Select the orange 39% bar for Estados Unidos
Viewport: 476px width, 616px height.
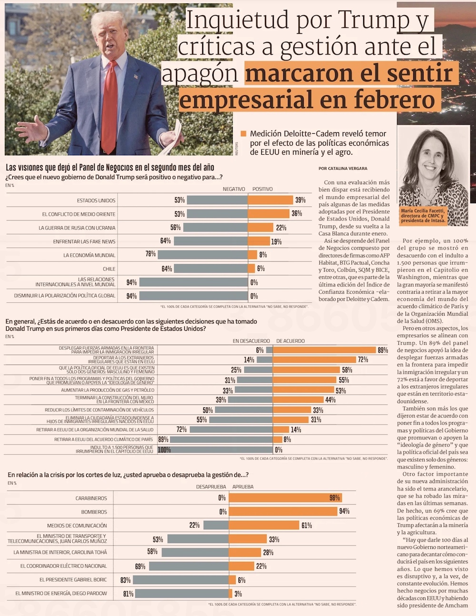(270, 200)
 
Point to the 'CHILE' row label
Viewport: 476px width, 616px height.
(109, 269)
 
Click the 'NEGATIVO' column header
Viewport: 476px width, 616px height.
(234, 189)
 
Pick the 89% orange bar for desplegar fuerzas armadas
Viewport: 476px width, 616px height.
(324, 350)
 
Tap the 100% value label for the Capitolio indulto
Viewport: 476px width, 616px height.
(164, 449)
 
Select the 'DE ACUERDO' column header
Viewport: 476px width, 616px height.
(290, 341)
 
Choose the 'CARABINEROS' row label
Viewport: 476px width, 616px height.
(91, 498)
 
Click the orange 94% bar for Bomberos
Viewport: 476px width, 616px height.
(283, 512)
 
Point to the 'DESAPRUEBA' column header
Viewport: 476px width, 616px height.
(211, 487)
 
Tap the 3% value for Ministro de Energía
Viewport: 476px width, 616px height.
(238, 594)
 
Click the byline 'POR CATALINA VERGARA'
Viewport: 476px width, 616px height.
(343, 169)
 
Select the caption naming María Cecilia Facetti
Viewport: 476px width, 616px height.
(423, 216)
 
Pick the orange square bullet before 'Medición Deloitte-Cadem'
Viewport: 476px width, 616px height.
(244, 134)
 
